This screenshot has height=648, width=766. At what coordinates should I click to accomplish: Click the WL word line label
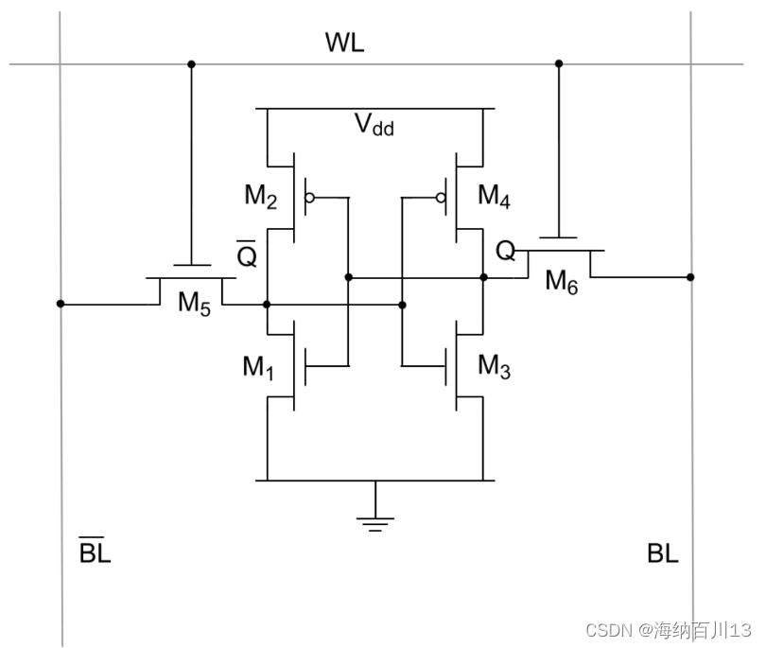point(344,44)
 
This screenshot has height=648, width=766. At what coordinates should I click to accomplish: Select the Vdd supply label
point(374,126)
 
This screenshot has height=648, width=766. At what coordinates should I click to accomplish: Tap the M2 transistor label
point(261,196)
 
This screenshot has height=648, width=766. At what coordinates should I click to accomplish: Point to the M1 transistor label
point(258,367)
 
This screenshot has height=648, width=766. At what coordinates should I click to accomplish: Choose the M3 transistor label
point(494,366)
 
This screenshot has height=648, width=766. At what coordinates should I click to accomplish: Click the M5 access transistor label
point(195,303)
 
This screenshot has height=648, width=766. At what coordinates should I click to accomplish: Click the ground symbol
point(375,521)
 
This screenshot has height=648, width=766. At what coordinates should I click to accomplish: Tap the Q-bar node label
point(247,254)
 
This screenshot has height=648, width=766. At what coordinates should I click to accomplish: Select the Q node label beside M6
point(506,251)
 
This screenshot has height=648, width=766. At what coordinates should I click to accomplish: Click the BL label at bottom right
point(663,553)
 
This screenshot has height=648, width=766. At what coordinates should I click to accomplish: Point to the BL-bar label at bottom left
point(95,552)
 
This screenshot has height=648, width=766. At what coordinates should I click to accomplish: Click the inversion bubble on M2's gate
point(309,199)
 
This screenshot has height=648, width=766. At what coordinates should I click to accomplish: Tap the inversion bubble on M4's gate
point(441,199)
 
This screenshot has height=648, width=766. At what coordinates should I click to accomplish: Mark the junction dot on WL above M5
point(191,64)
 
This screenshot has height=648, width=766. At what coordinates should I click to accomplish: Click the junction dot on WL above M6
point(559,64)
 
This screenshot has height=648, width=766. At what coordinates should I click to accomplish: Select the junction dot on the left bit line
point(61,305)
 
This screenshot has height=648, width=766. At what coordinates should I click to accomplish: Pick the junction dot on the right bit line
point(690,277)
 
